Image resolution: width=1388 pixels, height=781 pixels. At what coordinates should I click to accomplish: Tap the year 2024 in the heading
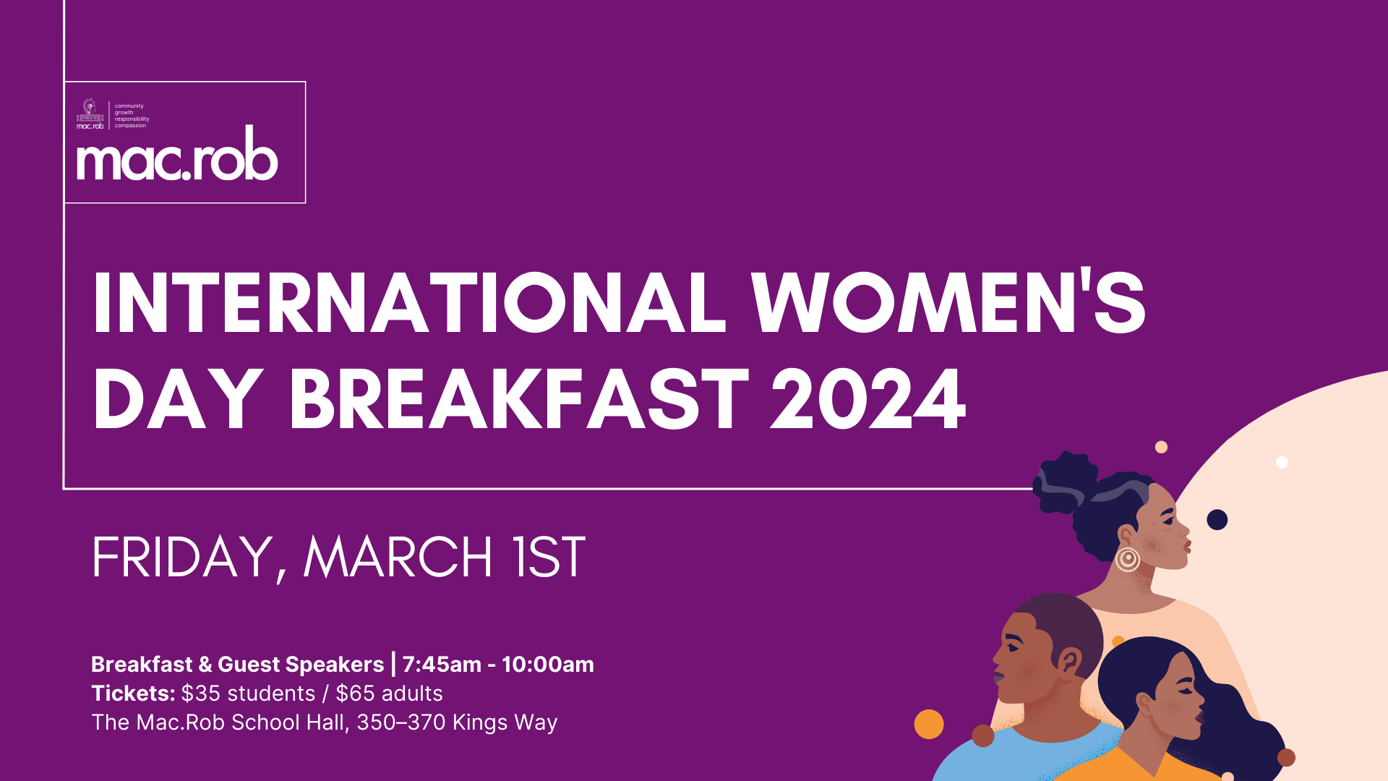[867, 399]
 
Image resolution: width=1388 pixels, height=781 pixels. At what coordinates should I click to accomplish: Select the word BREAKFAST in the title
[519, 399]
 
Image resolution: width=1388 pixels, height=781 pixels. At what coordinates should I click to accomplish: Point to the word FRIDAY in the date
[181, 558]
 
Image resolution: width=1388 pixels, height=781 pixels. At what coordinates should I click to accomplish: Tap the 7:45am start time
[441, 665]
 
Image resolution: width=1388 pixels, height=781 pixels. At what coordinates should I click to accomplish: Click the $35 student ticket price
[200, 693]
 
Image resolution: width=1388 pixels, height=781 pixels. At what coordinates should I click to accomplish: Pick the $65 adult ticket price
[355, 693]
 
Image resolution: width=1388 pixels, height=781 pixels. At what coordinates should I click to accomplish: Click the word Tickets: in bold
[133, 693]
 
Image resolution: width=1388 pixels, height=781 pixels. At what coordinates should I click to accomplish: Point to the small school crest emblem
[90, 111]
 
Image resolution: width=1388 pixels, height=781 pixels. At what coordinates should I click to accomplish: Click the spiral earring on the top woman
[1127, 559]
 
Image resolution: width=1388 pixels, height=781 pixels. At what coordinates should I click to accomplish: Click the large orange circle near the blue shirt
[929, 724]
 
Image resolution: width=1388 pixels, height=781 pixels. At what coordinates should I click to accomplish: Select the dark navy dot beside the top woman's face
[1217, 519]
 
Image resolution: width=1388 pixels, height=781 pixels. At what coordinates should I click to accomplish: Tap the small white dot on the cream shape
[1282, 462]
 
